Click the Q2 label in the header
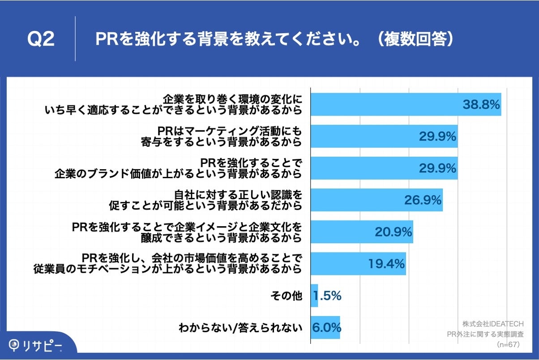pos(41,39)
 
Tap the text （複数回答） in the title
pos(415,39)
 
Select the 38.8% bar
pos(385,104)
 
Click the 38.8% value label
pos(481,105)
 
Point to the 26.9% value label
pos(423,200)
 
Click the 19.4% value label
pos(386,263)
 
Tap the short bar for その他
pos(314,296)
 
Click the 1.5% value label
pos(327,296)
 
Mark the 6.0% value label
pos(327,327)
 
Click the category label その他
pos(286,296)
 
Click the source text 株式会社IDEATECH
pos(493,323)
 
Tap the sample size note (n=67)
pos(508,344)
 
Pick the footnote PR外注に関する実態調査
pos(485,334)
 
